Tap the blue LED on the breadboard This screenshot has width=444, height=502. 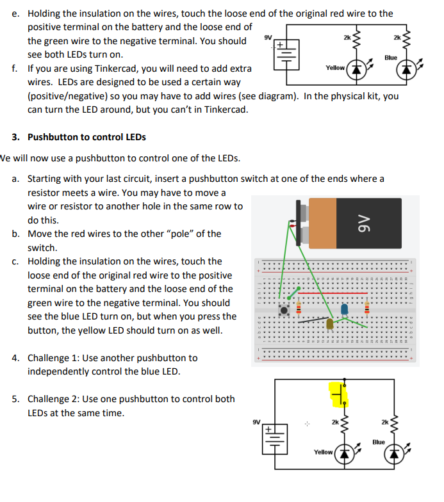click(x=345, y=309)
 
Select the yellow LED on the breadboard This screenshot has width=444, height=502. click(x=330, y=324)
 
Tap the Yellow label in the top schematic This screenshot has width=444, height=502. click(x=335, y=67)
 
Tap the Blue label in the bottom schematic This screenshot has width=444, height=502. click(x=379, y=442)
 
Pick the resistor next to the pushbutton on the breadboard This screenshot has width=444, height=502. click(x=297, y=310)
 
